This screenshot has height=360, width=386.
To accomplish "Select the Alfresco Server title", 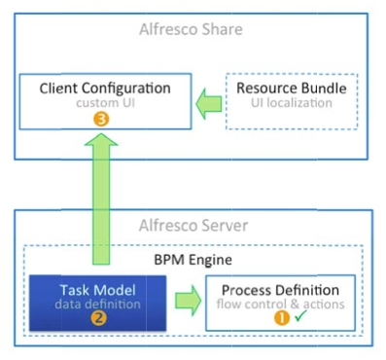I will pos(198,225).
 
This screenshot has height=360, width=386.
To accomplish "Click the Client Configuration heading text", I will pos(105,88).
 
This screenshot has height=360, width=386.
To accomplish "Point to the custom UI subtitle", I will pos(104,103).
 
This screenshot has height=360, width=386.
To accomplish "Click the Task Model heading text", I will pos(97,289).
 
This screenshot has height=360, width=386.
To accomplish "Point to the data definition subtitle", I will pos(97,305).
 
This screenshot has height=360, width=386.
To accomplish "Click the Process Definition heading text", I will pos(281,290).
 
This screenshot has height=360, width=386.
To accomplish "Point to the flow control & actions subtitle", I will pos(281,305).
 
